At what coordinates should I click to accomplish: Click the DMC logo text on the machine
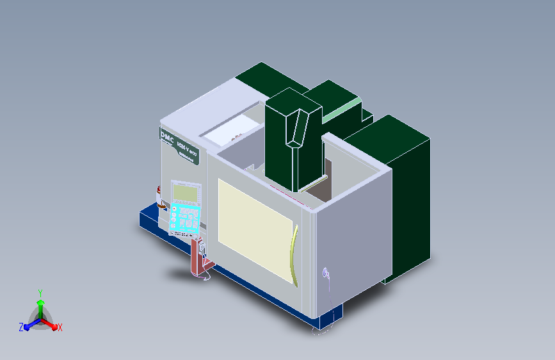pos(168,136)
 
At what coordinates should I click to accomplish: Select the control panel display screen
pos(186,192)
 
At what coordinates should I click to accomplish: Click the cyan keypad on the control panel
pos(186,218)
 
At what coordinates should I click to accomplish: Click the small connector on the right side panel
pos(326,274)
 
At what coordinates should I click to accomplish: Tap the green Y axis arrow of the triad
pos(40,301)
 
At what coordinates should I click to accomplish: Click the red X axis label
pos(60,327)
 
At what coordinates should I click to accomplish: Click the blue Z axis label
pos(21,327)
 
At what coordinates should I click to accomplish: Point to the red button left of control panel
pos(159,190)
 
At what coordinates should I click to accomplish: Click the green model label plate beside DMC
pos(188,151)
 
